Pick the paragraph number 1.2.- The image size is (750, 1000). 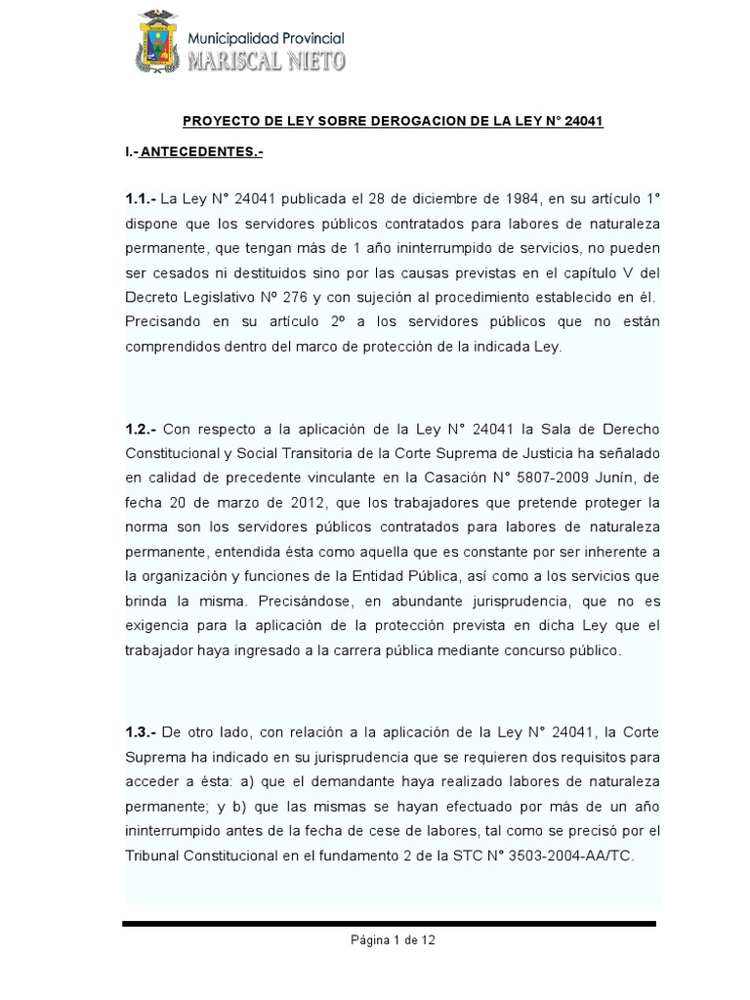click(143, 429)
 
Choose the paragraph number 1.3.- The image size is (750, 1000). click(143, 732)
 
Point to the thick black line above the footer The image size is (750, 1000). click(389, 923)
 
